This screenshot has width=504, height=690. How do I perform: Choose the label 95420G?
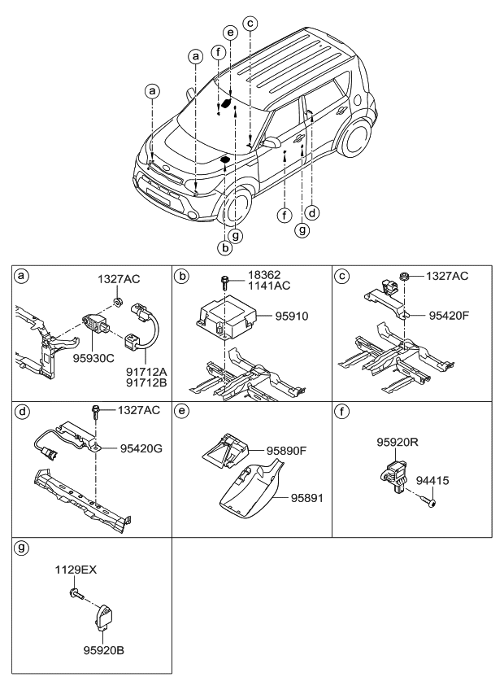click(x=141, y=446)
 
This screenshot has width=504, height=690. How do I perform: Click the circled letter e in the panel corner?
click(x=182, y=412)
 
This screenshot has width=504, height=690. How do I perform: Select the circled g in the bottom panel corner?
click(x=22, y=548)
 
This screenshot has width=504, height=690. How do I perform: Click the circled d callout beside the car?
click(x=312, y=214)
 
